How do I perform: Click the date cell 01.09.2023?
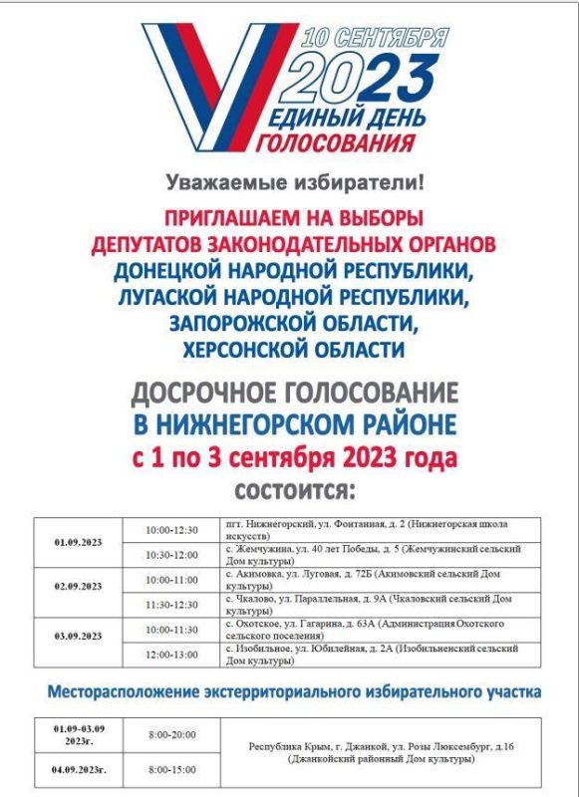pyautogui.click(x=77, y=542)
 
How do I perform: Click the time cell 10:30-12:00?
pyautogui.click(x=171, y=555)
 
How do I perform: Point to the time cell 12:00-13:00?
pyautogui.click(x=171, y=655)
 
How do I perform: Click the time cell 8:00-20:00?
pyautogui.click(x=171, y=735)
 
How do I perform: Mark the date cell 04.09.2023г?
pyautogui.click(x=77, y=770)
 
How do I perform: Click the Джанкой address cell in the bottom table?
pyautogui.click(x=382, y=752)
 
